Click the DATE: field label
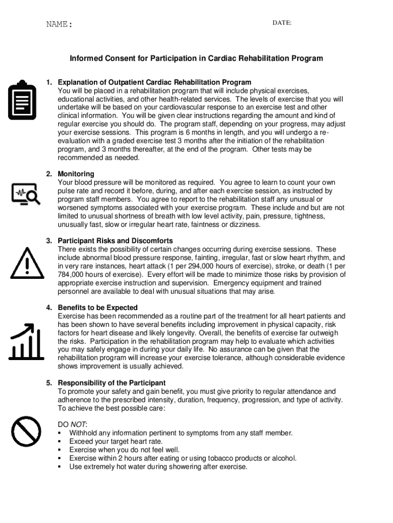coord(282,23)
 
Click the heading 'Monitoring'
coord(76,174)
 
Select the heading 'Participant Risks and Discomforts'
coord(115,241)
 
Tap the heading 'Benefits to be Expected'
coord(98,307)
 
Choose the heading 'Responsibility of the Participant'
coord(112,383)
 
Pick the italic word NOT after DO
coord(78,424)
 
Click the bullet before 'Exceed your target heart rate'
coord(60,441)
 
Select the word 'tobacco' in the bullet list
coord(235,458)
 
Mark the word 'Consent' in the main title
coord(120,58)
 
